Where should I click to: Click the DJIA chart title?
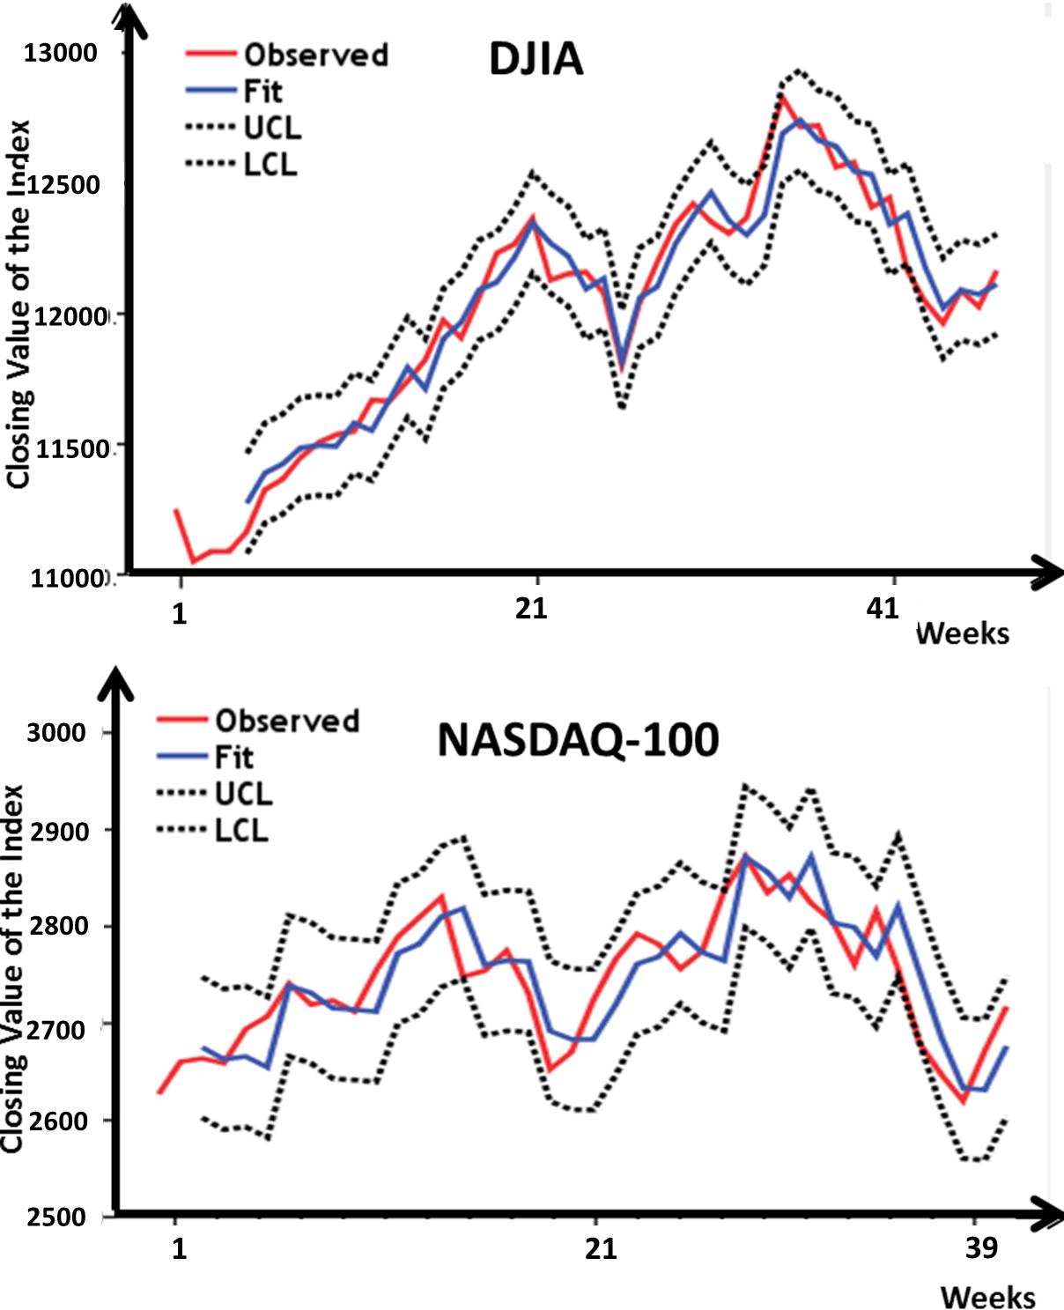pos(536,59)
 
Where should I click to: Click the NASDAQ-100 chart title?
pos(578,740)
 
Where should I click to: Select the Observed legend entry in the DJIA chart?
pos(315,55)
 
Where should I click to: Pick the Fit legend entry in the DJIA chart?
pos(262,91)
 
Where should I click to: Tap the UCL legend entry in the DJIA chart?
pos(272,128)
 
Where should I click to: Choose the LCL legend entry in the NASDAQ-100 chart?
pos(240,830)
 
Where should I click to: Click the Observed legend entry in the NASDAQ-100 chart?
pos(287,721)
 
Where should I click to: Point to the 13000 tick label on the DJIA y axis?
pos(60,53)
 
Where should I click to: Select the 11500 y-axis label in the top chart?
pos(70,448)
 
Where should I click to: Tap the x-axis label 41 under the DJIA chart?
pos(883,608)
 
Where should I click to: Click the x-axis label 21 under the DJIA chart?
pos(531,608)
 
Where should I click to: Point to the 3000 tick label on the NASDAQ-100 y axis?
pos(55,733)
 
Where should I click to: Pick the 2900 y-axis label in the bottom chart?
pos(59,831)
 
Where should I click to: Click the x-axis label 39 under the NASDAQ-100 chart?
pos(981,1247)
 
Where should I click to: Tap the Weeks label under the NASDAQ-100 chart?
pos(987,1297)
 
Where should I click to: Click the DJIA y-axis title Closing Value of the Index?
pos(18,304)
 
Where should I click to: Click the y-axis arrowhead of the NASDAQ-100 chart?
pos(115,681)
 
